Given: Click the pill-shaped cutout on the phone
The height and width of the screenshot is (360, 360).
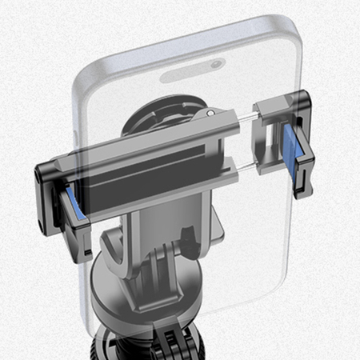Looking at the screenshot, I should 193,71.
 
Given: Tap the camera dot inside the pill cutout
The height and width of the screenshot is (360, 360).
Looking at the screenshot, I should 216,64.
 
